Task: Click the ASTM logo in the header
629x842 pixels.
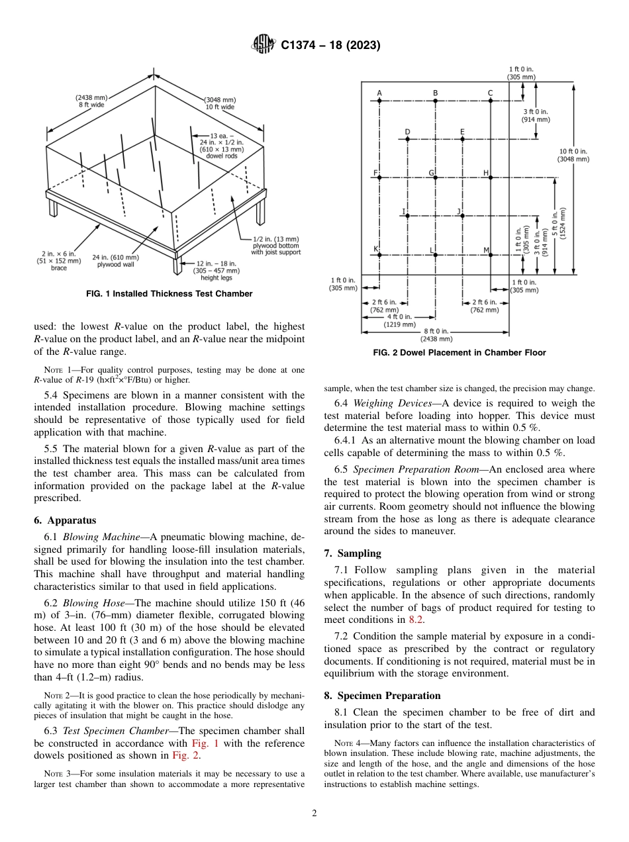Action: [x=264, y=46]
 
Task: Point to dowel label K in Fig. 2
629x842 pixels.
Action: [x=375, y=249]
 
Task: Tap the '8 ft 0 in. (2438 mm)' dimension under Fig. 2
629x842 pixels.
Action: [x=435, y=334]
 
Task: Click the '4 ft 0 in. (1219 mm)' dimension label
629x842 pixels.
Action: [x=401, y=321]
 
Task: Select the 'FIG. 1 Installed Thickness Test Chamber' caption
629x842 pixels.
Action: [x=169, y=294]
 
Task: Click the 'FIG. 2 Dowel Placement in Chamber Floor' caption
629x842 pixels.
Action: [x=460, y=353]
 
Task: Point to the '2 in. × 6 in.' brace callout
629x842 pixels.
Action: [x=58, y=261]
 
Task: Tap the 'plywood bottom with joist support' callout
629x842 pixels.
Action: [x=275, y=246]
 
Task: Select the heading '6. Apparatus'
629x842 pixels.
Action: [x=65, y=521]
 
